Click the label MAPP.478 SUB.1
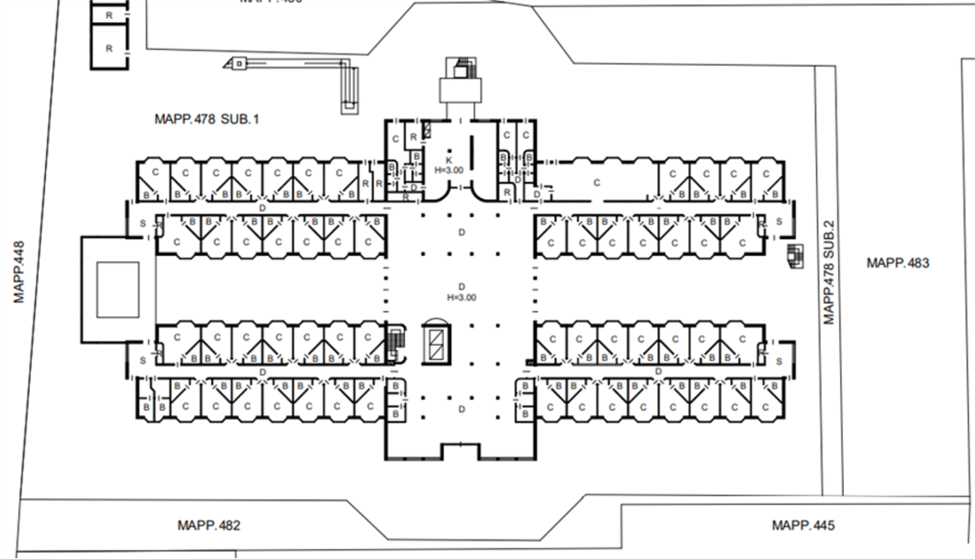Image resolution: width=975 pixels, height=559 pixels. pyautogui.click(x=207, y=119)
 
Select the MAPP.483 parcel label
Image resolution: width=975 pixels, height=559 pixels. pyautogui.click(x=897, y=263)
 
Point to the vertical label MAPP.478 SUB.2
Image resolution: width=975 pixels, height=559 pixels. pyautogui.click(x=830, y=272)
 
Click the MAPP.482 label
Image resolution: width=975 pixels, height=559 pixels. pyautogui.click(x=209, y=525)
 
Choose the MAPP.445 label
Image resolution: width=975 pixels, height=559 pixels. pyautogui.click(x=803, y=525)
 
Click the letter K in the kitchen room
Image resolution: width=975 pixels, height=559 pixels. pyautogui.click(x=449, y=158)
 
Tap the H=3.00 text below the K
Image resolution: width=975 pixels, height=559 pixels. pyautogui.click(x=449, y=169)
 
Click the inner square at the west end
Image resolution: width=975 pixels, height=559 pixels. pyautogui.click(x=118, y=289)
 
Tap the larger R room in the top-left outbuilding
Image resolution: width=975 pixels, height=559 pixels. pyautogui.click(x=110, y=49)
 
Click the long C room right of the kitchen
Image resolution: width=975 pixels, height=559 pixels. pyautogui.click(x=597, y=182)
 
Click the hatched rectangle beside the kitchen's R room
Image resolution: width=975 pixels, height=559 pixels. pyautogui.click(x=427, y=131)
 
